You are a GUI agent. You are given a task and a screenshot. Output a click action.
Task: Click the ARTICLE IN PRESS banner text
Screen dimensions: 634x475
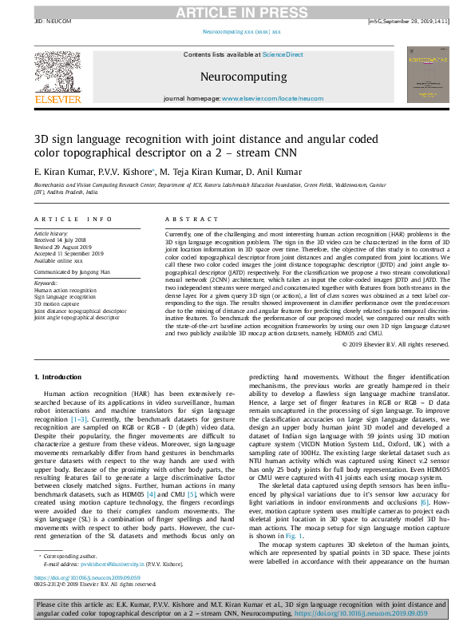click(236, 11)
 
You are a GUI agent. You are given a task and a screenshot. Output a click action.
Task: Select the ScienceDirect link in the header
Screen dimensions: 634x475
click(284, 54)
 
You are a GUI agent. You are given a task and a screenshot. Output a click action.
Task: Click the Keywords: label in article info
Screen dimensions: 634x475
click(46, 283)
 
